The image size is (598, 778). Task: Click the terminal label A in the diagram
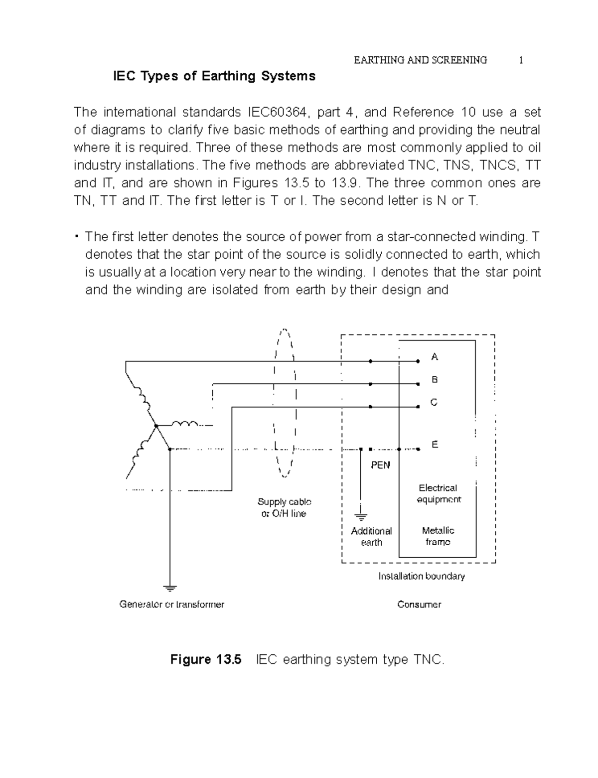coord(435,357)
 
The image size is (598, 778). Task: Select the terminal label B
coord(435,380)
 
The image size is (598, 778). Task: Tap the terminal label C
coord(434,402)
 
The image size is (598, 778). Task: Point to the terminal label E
coord(435,445)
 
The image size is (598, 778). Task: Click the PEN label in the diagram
coord(380,465)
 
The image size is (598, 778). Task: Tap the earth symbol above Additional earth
coord(361,517)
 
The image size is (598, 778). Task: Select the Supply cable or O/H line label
coord(284,507)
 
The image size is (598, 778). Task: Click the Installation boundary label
coord(422,576)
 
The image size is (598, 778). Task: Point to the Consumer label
coord(419,605)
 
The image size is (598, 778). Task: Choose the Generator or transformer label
coord(172,605)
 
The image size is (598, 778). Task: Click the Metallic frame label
coord(438,536)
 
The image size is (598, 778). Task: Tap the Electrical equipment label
coord(439,493)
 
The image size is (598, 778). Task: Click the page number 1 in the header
coord(521,60)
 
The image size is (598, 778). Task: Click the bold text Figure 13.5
coord(206,660)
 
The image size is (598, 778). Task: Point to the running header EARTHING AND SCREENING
coord(420,60)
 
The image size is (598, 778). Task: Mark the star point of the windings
coord(156,426)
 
